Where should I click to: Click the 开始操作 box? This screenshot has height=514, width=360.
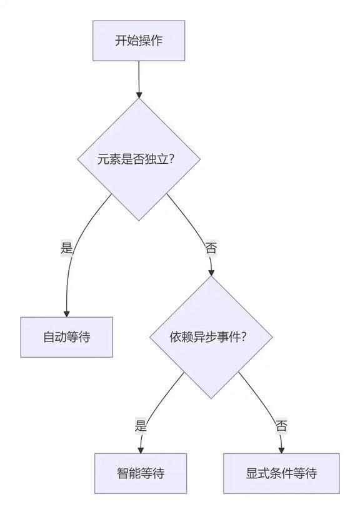139,41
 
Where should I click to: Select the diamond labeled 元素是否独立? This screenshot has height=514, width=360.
139,159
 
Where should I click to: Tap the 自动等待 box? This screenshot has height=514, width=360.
66,337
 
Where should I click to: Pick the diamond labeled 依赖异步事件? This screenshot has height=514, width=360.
211,337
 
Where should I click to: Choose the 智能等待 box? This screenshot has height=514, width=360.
141,473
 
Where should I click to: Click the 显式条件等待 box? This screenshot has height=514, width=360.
281,473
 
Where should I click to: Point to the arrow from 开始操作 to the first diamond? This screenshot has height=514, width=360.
139,79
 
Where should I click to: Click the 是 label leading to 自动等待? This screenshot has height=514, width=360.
66,248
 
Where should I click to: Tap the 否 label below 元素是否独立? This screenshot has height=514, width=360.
211,248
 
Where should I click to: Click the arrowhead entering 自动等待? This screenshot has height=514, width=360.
66,314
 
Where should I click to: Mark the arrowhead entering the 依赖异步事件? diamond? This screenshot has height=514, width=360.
211,273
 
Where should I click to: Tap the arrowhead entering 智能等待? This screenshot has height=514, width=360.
141,450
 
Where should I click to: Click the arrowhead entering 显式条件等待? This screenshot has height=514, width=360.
281,450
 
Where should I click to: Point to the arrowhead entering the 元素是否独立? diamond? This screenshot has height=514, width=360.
139,95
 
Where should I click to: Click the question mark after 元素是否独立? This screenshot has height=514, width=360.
171,159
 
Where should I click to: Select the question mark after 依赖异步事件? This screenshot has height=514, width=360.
243,337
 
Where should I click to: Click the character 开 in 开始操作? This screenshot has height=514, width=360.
121,41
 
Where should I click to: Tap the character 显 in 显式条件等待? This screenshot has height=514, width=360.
252,473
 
